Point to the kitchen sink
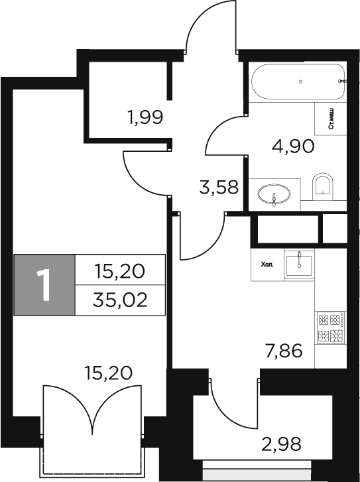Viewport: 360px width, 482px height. tap(300, 263)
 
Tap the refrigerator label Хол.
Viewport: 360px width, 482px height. tap(267, 264)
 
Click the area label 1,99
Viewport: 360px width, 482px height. tap(145, 119)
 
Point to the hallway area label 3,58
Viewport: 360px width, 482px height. tap(218, 188)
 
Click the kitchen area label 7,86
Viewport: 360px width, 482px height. tap(283, 349)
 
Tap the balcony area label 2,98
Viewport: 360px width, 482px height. tap(282, 442)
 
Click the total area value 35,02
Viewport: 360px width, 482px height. tap(119, 300)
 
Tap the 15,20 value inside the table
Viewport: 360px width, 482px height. tap(119, 271)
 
